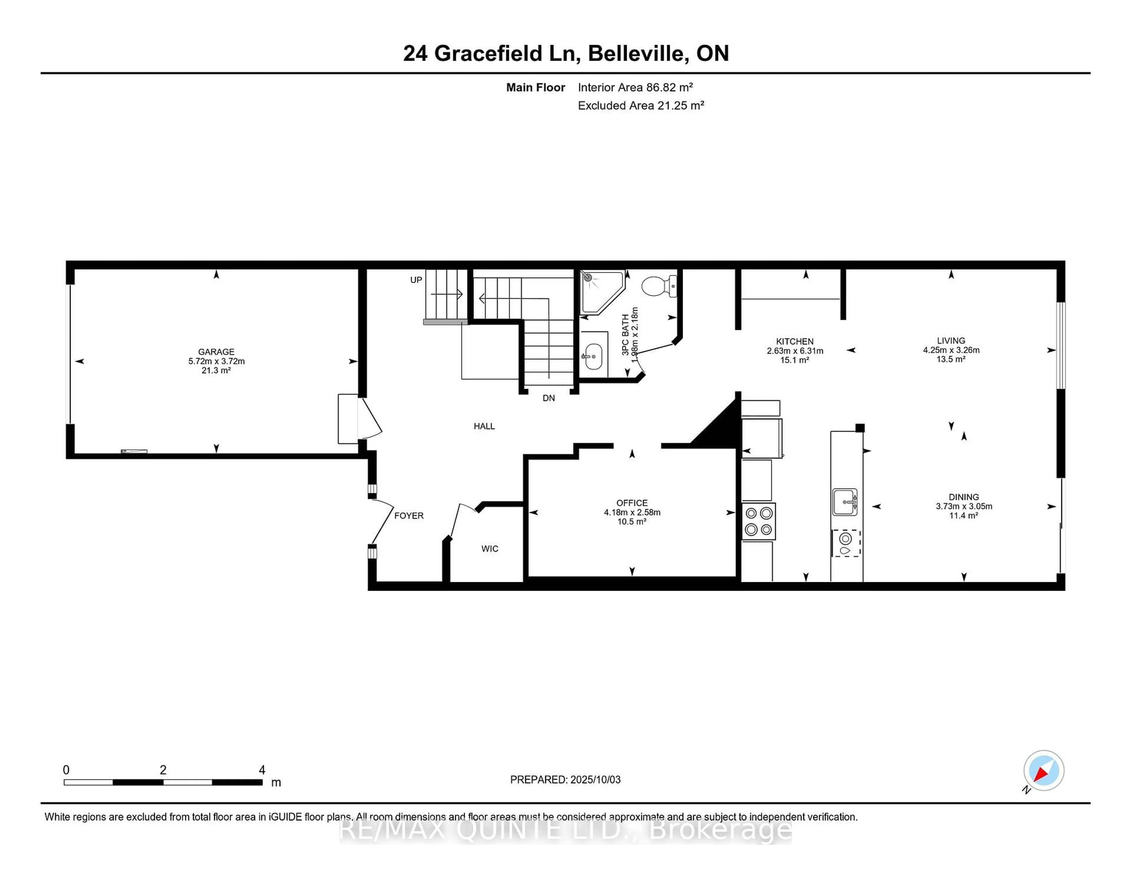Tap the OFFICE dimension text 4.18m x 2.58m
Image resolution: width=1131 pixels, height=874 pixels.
pyautogui.click(x=632, y=512)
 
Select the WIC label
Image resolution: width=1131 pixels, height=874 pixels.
pyautogui.click(x=490, y=548)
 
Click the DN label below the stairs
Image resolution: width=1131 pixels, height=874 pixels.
pyautogui.click(x=548, y=398)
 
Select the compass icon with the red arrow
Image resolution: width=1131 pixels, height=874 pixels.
pyautogui.click(x=1044, y=770)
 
